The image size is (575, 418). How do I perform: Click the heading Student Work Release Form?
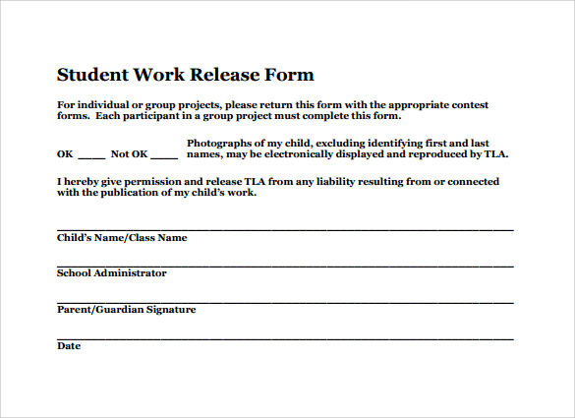click(x=186, y=75)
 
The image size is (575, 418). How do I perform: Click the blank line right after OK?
click(x=91, y=155)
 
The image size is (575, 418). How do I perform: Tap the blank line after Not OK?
click(x=165, y=155)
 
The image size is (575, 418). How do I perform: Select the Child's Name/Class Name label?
click(x=122, y=238)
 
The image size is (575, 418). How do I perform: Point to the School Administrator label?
click(x=112, y=273)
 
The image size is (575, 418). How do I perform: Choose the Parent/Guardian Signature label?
click(x=127, y=310)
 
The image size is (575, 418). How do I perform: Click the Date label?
click(x=69, y=346)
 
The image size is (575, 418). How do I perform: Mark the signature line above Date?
click(x=285, y=338)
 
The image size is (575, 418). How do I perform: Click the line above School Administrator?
click(x=285, y=266)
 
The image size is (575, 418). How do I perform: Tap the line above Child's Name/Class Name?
click(x=285, y=229)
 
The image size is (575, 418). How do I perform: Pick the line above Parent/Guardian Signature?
click(x=285, y=302)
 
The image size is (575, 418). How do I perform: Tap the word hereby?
click(x=86, y=182)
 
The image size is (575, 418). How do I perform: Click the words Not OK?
click(x=129, y=154)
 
